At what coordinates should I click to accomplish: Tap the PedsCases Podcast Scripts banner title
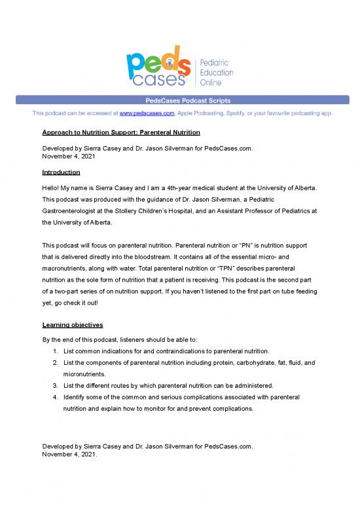tap(180, 100)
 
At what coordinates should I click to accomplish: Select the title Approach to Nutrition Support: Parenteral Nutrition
tap(120, 134)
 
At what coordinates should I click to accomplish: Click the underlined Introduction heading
tap(61, 172)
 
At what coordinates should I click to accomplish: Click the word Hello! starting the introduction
tap(52, 187)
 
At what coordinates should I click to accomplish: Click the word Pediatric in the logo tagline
tap(213, 61)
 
